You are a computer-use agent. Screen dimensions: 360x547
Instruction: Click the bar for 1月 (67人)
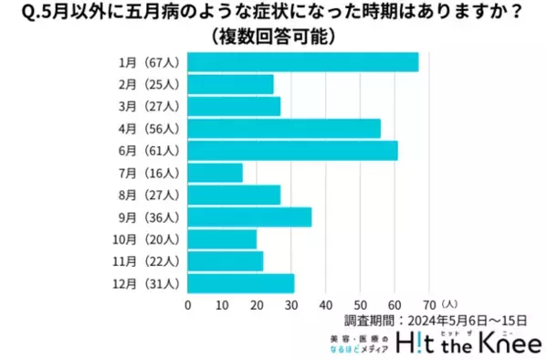coord(302,62)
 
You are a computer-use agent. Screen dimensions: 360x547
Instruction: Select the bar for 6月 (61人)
coord(292,151)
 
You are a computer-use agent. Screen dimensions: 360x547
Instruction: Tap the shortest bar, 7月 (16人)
coord(215,173)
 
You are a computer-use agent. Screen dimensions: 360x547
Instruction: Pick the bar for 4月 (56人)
coord(284,129)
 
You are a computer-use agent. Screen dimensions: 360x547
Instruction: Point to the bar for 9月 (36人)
coord(249,217)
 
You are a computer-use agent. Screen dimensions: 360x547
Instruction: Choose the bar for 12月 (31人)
coord(241,283)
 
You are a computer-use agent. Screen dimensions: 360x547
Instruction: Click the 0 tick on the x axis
coord(187,304)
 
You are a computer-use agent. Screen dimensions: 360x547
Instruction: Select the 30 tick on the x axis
coord(291,304)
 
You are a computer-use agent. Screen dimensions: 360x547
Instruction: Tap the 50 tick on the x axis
coord(360,304)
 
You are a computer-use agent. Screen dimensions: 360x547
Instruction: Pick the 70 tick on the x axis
coord(429,304)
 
